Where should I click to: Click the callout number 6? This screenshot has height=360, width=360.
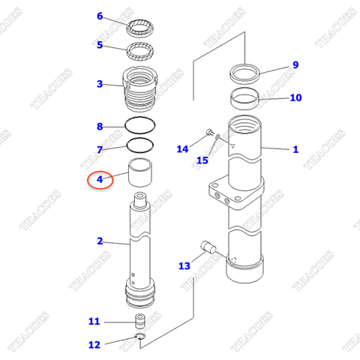click(x=100, y=16)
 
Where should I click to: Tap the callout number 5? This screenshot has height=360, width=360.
click(x=100, y=45)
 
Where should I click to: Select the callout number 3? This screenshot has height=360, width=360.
click(x=100, y=84)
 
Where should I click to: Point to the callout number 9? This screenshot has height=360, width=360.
click(x=295, y=65)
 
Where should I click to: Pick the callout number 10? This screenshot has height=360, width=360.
click(x=295, y=97)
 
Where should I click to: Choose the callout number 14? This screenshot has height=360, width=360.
click(x=183, y=149)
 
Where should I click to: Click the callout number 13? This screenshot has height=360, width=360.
click(x=184, y=265)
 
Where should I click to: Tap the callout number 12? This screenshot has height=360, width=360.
click(x=94, y=345)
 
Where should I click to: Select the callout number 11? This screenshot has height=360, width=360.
click(x=94, y=322)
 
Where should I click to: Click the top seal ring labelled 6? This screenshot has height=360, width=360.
click(x=140, y=29)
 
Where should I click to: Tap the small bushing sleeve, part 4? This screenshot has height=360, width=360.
click(x=141, y=174)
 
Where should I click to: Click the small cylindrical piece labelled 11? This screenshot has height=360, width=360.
click(x=139, y=322)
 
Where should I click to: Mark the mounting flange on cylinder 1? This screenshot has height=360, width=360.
click(x=224, y=193)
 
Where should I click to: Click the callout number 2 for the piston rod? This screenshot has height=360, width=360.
click(x=100, y=241)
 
